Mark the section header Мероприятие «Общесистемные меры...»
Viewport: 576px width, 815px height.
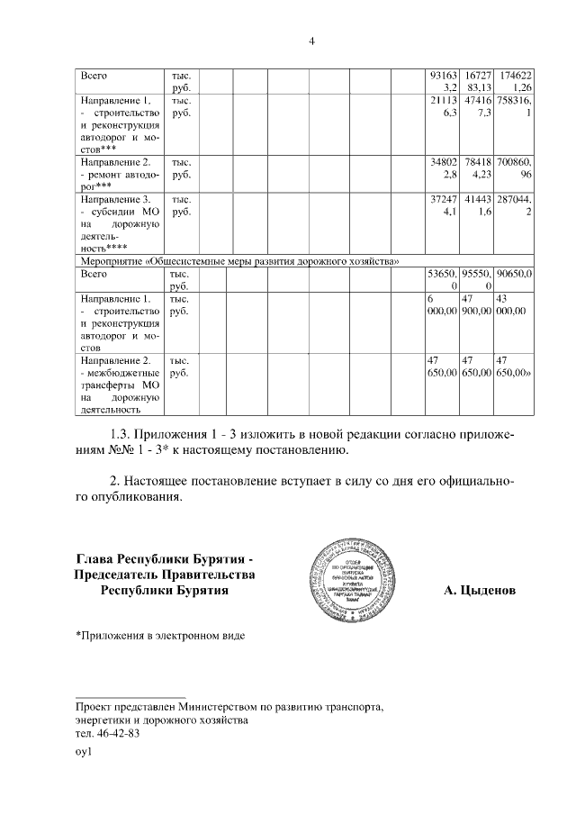tap(238, 260)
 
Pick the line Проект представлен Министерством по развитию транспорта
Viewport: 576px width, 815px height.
tap(229, 707)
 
